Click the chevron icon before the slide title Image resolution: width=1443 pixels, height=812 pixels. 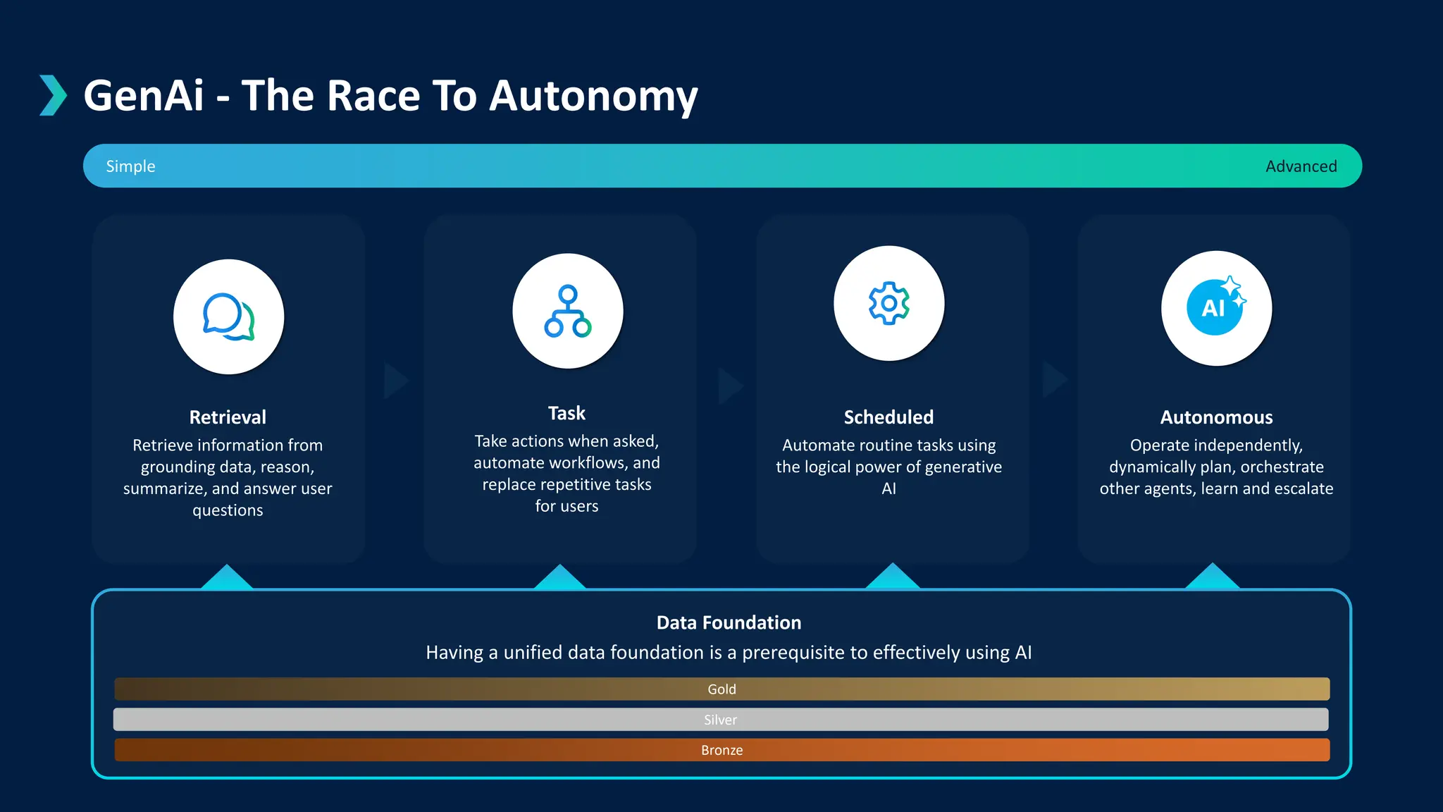click(x=53, y=95)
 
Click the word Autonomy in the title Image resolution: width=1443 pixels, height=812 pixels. click(x=593, y=96)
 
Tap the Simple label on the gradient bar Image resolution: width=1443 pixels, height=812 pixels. click(x=130, y=166)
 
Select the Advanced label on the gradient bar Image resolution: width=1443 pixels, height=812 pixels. click(x=1301, y=166)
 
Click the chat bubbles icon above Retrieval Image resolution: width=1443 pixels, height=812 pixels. click(x=228, y=316)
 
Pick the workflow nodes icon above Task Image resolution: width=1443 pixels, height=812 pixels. click(x=567, y=311)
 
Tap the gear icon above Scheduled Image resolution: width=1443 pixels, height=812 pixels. click(x=888, y=303)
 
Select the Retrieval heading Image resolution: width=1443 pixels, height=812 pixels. click(x=228, y=417)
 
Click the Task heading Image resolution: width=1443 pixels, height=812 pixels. click(x=566, y=413)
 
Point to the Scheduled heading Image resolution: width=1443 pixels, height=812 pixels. click(x=888, y=417)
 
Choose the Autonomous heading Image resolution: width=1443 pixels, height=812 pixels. click(x=1216, y=417)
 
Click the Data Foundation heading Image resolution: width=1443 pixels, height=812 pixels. click(x=729, y=622)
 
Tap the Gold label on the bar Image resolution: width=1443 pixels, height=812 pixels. click(x=721, y=689)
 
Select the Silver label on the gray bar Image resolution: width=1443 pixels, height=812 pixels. click(x=720, y=720)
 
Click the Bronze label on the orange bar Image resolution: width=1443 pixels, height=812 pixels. click(x=721, y=750)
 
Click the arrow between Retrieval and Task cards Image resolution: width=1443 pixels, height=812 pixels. click(x=395, y=381)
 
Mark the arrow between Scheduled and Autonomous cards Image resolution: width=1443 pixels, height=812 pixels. click(x=1054, y=380)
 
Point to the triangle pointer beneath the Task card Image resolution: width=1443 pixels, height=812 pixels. click(x=559, y=578)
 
